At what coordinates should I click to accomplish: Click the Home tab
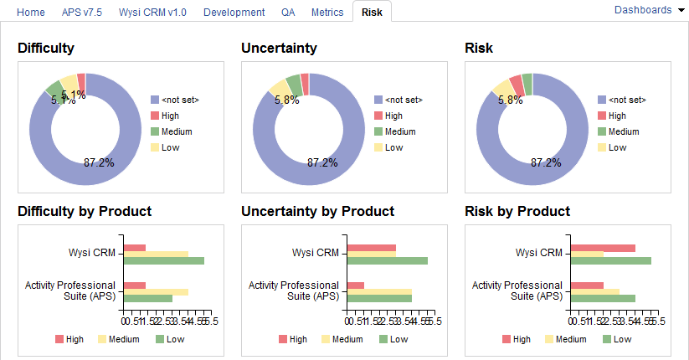tap(31, 13)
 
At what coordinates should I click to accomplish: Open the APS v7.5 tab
tap(82, 13)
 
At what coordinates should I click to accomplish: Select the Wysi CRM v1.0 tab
tap(153, 13)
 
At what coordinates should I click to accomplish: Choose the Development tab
tap(234, 13)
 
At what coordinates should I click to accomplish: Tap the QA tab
tap(288, 13)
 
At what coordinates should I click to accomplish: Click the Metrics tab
tap(327, 13)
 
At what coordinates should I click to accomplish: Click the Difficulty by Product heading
tap(85, 211)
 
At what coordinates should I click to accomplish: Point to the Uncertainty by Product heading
tap(317, 211)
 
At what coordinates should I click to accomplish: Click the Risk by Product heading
tap(517, 211)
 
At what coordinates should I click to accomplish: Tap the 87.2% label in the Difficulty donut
tap(99, 162)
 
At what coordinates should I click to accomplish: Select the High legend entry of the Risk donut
tap(617, 116)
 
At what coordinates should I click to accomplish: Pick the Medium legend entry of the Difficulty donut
tap(171, 131)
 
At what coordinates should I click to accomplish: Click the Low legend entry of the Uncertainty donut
tap(393, 147)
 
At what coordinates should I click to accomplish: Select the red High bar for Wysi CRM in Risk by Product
tap(603, 248)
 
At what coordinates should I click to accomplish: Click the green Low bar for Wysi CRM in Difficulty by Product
tap(163, 261)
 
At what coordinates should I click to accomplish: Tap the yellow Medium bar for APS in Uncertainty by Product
tap(379, 291)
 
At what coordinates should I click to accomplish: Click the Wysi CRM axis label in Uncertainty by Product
tap(316, 253)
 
